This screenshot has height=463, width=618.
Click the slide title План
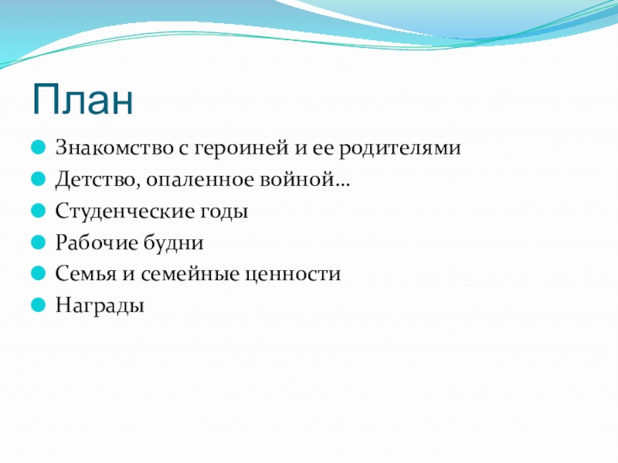coord(83,100)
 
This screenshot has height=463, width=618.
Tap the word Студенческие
coord(125,211)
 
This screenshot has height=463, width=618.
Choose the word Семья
coord(86,274)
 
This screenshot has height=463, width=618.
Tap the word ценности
coord(293,275)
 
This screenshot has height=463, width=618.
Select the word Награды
coord(100,306)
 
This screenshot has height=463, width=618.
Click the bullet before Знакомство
coord(38,147)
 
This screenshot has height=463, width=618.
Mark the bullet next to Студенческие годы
coord(38,210)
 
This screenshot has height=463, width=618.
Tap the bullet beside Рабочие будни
coord(38,242)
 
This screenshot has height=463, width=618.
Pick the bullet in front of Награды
coord(38,305)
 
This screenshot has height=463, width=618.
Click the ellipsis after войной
coord(342,185)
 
